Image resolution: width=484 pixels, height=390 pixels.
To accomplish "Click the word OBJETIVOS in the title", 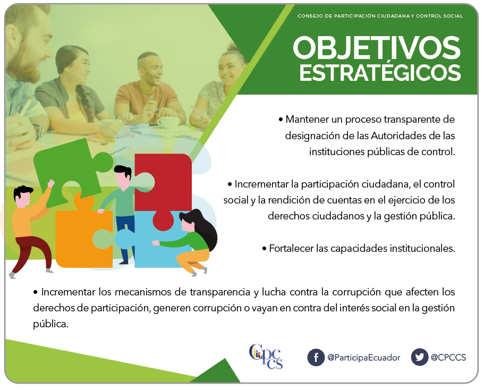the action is pos(377,47).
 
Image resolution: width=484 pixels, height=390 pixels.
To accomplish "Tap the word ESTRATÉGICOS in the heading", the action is pos(380,72).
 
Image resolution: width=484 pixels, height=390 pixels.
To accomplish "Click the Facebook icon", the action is pos(316,358).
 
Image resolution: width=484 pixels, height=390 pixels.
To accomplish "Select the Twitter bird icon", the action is pos(420,357).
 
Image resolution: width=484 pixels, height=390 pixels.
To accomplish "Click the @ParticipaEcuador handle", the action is pos(363,358).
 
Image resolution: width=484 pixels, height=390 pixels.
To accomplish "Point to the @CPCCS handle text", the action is pos(448,358).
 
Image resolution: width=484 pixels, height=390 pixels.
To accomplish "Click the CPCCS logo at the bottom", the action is pos(266,356).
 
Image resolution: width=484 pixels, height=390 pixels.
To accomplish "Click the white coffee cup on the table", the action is pos(168,122).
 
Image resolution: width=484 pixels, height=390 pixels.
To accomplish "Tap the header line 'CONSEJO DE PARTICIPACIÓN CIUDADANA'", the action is pos(353,16).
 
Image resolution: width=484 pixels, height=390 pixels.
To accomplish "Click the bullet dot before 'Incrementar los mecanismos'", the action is pos(36,292).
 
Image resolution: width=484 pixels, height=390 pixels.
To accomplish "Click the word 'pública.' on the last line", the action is pos(50,324).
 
